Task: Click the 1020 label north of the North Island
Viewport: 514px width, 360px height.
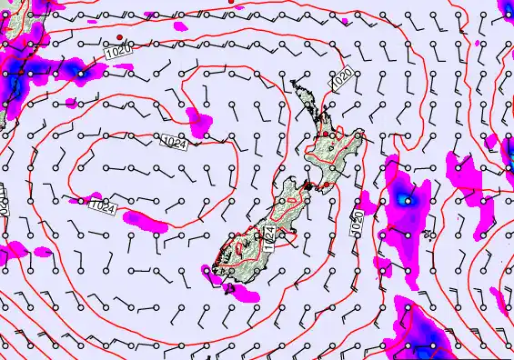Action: pyautogui.click(x=342, y=80)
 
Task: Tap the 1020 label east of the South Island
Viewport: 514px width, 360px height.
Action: pyautogui.click(x=357, y=218)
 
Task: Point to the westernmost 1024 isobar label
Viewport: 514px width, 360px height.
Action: pyautogui.click(x=103, y=208)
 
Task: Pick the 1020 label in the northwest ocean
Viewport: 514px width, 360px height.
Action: pyautogui.click(x=116, y=54)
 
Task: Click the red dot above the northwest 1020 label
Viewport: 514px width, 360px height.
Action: pyautogui.click(x=119, y=37)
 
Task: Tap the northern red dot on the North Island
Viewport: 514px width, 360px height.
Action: pyautogui.click(x=324, y=134)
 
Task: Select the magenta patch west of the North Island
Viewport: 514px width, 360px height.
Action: pyautogui.click(x=196, y=115)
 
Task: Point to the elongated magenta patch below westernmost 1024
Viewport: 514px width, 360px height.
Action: pyautogui.click(x=146, y=220)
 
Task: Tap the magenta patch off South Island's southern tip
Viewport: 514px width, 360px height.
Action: pyautogui.click(x=238, y=293)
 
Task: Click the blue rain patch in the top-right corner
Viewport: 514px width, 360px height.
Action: pyautogui.click(x=506, y=9)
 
